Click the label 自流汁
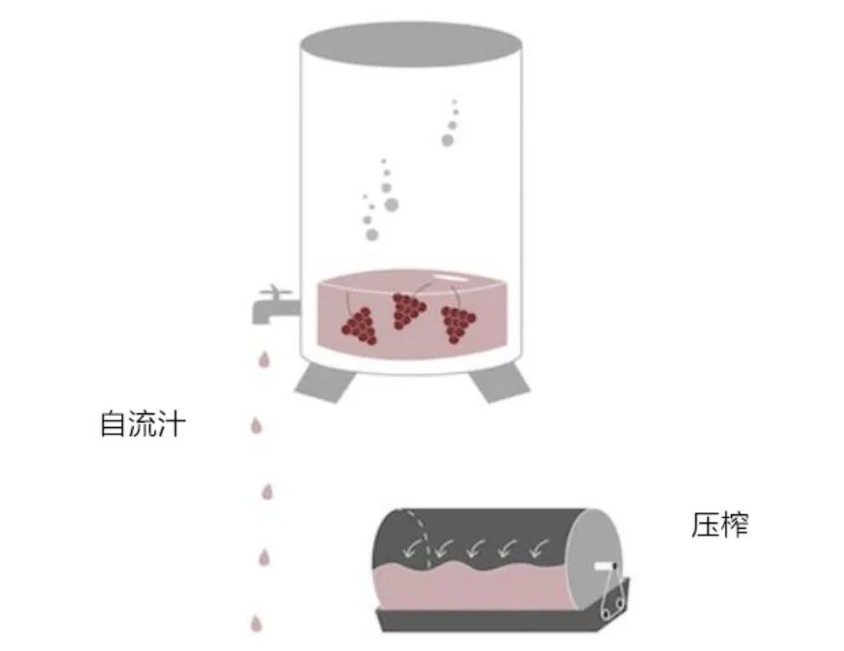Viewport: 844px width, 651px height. tap(143, 423)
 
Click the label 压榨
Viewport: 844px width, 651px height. tap(719, 525)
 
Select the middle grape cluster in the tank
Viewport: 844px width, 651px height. tap(408, 310)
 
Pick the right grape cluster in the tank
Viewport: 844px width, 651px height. tap(458, 324)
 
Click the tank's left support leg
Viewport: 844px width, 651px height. tap(326, 381)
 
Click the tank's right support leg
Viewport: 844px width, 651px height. tap(499, 381)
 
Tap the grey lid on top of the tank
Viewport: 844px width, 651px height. tap(412, 44)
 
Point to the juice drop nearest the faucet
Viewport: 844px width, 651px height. tap(264, 360)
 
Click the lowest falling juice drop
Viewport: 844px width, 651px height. tap(256, 623)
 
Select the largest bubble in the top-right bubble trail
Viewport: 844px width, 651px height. tap(447, 140)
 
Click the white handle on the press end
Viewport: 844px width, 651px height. tap(605, 566)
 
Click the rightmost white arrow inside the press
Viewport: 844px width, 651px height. tap(538, 548)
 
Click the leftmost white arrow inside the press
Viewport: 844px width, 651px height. tap(412, 548)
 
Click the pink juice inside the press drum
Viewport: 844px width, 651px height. tap(473, 587)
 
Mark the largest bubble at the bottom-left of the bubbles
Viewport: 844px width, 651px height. tap(372, 235)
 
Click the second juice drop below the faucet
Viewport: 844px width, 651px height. tap(257, 426)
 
